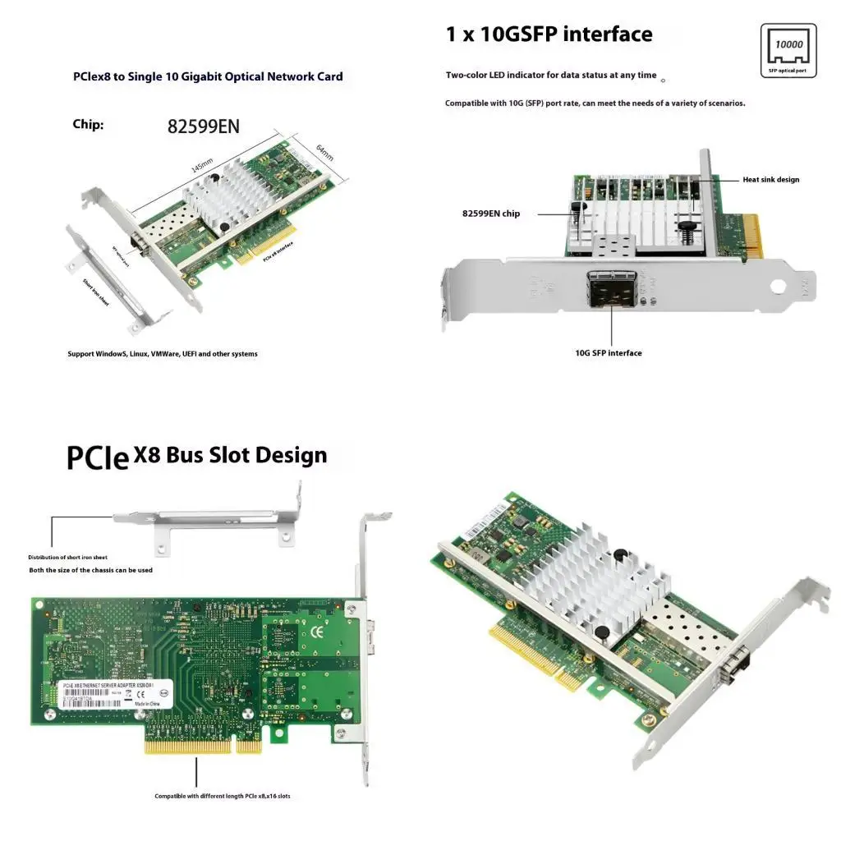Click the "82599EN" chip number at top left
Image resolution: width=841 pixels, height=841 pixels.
point(203,126)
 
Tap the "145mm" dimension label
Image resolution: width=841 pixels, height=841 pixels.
point(202,165)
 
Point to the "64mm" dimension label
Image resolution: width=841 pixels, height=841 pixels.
point(325,153)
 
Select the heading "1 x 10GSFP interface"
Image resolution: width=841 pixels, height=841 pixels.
point(549,34)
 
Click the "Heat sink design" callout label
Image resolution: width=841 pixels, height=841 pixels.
point(770,179)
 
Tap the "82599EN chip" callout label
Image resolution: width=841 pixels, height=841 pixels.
point(490,214)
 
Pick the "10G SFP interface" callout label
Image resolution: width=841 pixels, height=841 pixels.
point(608,353)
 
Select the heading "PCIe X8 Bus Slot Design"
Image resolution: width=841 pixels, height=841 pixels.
point(197,456)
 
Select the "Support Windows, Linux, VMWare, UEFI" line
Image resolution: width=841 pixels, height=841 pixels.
point(162,354)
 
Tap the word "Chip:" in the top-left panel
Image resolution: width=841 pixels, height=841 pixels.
point(88,125)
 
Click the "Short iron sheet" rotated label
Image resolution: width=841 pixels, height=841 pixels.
point(95,291)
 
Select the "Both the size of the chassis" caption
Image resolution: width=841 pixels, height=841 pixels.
point(90,570)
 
